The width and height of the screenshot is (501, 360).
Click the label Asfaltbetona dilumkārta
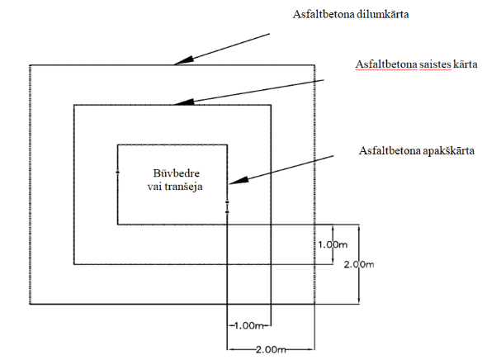[x=351, y=14]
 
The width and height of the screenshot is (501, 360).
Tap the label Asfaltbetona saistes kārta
[x=416, y=64]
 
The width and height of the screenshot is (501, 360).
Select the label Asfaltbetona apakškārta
[x=417, y=150]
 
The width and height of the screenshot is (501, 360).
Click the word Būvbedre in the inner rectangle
[x=177, y=173]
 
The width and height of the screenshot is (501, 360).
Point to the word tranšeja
[x=185, y=187]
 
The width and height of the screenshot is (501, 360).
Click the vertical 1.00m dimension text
[x=333, y=244]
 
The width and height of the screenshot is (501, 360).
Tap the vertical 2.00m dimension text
[x=359, y=264]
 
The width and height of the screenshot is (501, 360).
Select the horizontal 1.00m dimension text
[x=249, y=325]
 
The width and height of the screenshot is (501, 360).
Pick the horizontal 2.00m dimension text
[x=271, y=349]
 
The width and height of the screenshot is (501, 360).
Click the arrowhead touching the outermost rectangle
[x=184, y=61]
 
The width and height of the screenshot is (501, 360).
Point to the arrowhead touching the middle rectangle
[x=184, y=102]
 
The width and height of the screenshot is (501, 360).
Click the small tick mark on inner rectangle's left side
[x=117, y=173]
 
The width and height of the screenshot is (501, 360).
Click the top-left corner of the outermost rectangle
[x=30, y=65]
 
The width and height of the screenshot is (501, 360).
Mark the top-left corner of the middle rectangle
[x=74, y=105]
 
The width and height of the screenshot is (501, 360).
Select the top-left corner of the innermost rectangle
[x=117, y=145]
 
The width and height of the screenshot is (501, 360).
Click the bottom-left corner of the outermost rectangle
[x=30, y=304]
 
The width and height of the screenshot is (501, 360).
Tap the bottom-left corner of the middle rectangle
[x=74, y=264]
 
